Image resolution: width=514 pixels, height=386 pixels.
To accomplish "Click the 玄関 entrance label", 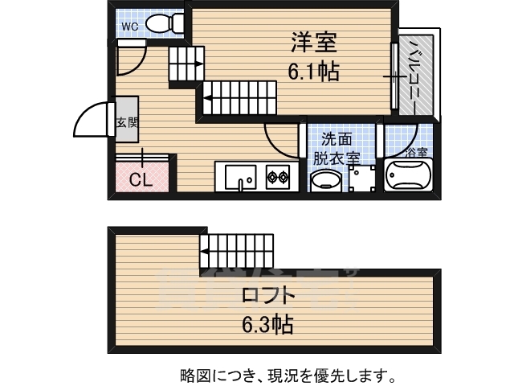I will (x=127, y=123).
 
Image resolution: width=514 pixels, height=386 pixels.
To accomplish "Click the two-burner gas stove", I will (x=278, y=175).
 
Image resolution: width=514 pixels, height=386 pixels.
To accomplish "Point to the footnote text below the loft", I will (x=286, y=375).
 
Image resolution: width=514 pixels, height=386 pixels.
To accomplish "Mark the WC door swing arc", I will (x=130, y=59).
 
